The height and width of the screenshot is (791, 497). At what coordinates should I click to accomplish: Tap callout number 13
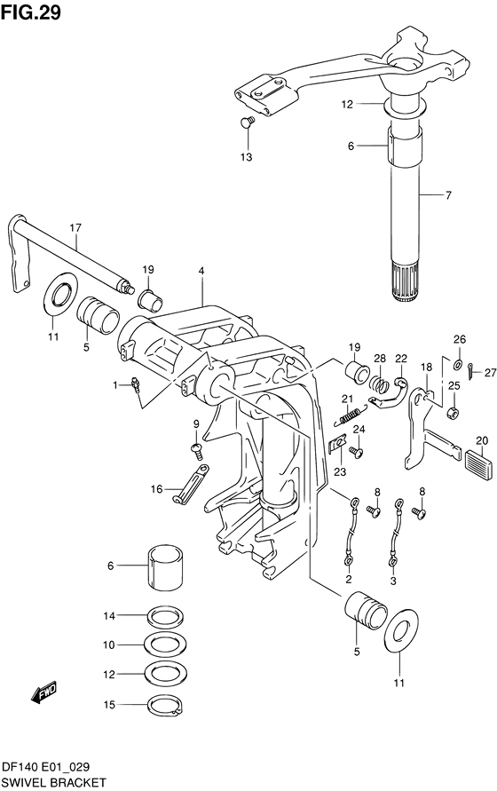click(246, 157)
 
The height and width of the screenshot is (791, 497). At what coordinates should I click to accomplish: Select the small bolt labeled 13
click(248, 122)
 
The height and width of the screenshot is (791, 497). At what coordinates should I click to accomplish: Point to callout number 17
click(76, 227)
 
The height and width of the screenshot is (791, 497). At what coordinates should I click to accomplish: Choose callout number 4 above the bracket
click(201, 270)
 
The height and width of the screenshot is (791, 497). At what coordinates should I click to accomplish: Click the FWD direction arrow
click(43, 692)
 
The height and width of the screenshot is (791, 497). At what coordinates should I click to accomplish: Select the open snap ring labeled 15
click(163, 706)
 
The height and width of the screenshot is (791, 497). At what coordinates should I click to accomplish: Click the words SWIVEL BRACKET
click(53, 782)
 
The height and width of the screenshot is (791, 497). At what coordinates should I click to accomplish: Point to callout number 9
click(196, 424)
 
